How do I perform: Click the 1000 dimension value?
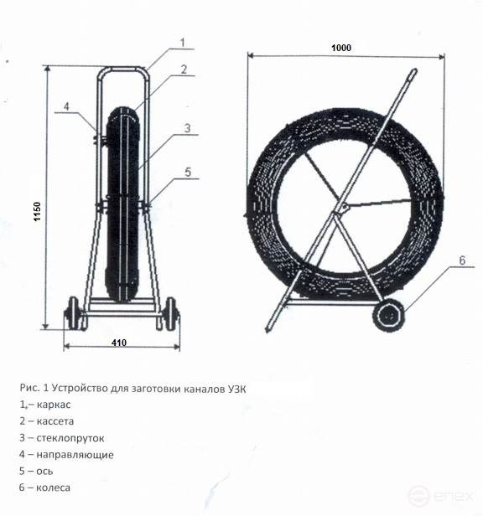point(341,48)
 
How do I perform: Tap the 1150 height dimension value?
point(37,211)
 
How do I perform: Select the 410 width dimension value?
point(119,343)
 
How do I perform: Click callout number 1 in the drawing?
point(183,43)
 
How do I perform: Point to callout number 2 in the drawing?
point(184,69)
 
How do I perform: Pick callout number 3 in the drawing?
point(187,127)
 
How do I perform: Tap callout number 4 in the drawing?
point(66,106)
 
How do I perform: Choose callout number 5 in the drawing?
point(188,172)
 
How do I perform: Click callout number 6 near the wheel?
point(462,261)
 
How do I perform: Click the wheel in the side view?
point(389,316)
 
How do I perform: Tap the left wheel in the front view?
point(74,313)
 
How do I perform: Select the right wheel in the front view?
point(170,313)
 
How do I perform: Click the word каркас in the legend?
point(54,405)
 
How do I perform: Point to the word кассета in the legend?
point(55,421)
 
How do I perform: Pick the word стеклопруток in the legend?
point(70,438)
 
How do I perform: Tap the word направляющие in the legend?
point(75,455)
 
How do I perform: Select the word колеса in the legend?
point(53,488)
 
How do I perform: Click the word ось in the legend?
point(44,472)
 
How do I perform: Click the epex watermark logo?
point(440,496)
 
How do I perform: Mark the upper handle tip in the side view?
point(414,70)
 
